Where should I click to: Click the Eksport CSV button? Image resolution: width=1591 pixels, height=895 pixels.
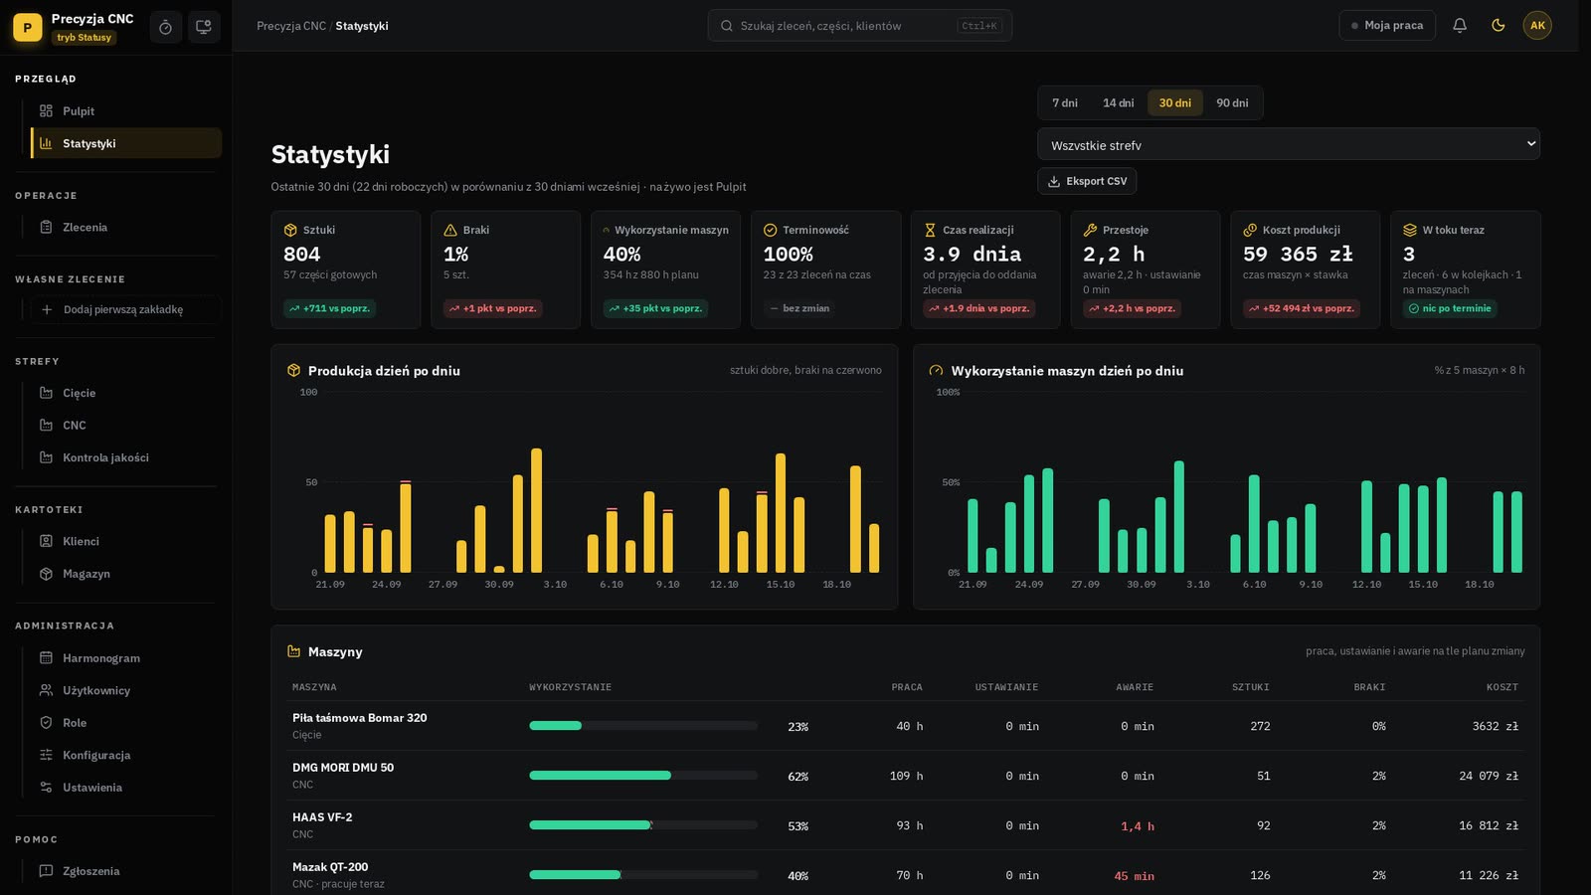1087,181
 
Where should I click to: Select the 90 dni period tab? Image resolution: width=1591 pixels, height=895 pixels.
1232,103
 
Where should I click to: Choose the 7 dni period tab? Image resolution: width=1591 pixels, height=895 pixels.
1065,103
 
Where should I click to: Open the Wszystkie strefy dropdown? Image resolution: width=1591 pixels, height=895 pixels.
1289,144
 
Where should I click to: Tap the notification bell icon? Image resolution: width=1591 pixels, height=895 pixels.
1460,26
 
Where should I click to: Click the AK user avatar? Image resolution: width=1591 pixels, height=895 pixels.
1537,26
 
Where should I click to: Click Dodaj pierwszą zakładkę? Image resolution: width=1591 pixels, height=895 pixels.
123,309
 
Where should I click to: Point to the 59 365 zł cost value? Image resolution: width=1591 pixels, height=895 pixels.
1298,254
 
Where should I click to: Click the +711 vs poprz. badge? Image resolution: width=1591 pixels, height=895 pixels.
329,308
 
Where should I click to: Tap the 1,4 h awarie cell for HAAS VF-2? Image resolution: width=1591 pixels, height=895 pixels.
1138,826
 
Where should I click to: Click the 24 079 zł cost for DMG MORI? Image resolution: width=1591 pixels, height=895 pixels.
1488,777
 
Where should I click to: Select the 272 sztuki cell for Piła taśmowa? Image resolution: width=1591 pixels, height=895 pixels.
1260,726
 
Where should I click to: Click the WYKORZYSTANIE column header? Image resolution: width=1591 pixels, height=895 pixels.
571,687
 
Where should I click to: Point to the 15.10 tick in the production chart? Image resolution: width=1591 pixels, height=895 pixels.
780,585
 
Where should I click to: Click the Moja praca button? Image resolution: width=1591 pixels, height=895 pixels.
1386,26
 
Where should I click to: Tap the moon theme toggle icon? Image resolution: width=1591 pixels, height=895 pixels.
1498,26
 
